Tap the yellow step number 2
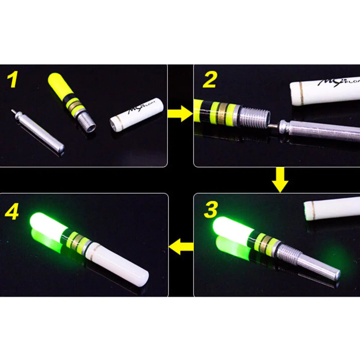click(x=209, y=80)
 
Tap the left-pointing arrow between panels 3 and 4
click(x=181, y=248)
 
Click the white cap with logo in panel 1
click(x=137, y=112)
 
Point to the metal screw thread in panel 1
click(x=86, y=121)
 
